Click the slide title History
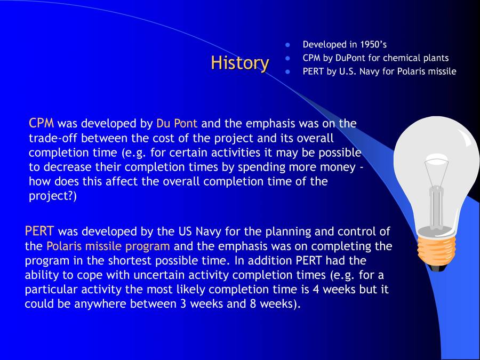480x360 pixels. [239, 63]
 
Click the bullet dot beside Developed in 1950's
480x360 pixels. [288, 45]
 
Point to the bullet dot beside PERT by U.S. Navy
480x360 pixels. [288, 71]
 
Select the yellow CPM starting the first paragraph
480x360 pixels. [42, 123]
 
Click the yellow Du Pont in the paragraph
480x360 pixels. [177, 123]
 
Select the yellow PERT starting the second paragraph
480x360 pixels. [39, 231]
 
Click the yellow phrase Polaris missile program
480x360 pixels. [108, 246]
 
